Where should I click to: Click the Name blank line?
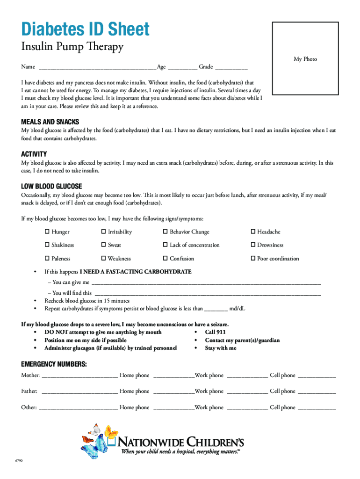(x=97, y=67)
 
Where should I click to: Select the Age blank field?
(x=182, y=67)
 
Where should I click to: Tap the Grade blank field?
(x=231, y=67)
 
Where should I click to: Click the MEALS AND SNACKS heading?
(x=50, y=121)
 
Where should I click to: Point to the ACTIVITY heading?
(x=34, y=154)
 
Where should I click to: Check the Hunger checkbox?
(x=47, y=232)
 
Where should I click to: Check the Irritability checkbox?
(x=104, y=232)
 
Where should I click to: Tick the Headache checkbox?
(x=253, y=232)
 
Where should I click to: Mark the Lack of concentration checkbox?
(x=165, y=245)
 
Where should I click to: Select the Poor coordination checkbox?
(x=253, y=259)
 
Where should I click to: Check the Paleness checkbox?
(x=47, y=259)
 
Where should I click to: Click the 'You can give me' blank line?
(x=206, y=283)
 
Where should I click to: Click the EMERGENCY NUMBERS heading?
(x=54, y=364)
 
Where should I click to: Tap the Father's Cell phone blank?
(x=317, y=392)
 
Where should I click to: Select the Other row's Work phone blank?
(x=247, y=408)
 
